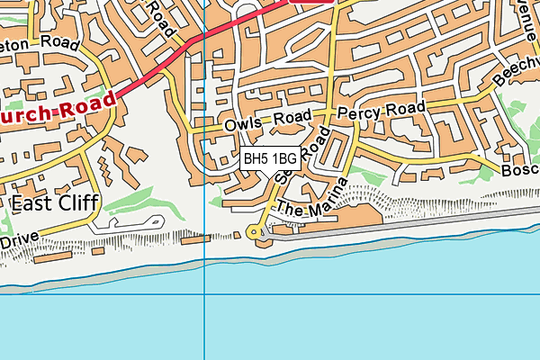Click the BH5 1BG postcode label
270,159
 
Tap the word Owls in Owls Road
243,122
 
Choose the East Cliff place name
53,203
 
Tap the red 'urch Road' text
57,107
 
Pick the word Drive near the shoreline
20,241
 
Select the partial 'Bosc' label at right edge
521,168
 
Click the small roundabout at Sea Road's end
257,233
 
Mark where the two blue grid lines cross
205,293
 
